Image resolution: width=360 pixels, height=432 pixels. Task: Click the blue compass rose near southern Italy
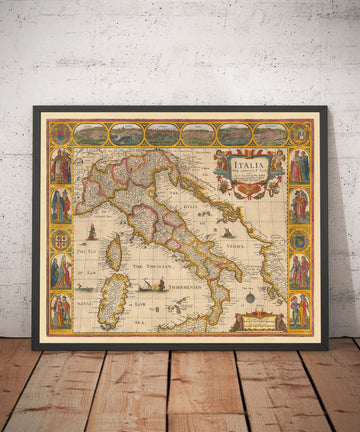(249, 297)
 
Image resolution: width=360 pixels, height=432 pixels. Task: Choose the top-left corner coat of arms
(60, 133)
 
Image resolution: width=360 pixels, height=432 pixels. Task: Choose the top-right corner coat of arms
(299, 133)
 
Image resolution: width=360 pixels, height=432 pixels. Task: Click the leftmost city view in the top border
(90, 133)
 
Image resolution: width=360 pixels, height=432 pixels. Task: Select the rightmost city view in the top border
(268, 133)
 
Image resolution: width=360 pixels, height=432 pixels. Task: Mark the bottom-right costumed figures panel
(298, 311)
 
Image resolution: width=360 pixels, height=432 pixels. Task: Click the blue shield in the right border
(298, 240)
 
